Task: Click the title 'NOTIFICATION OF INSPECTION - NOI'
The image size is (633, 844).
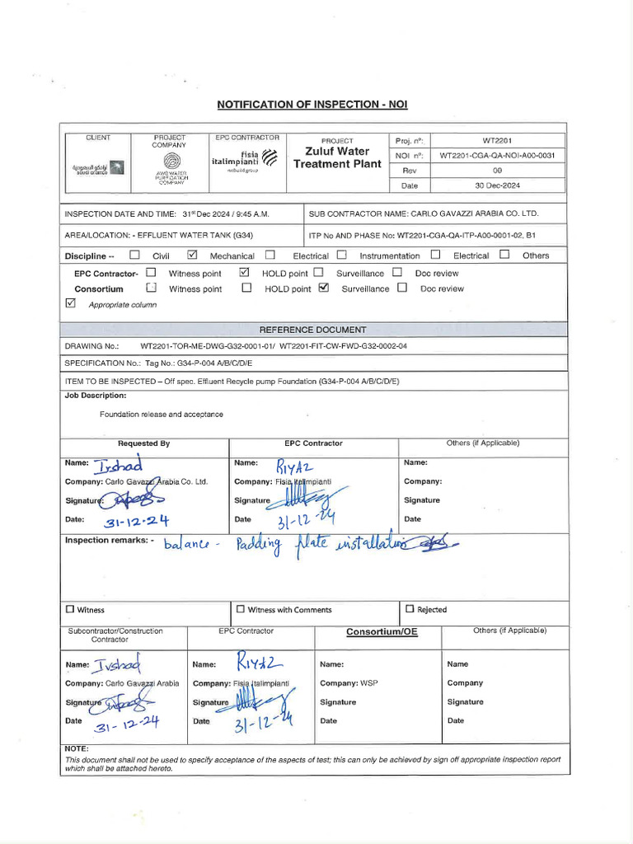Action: pos(312,105)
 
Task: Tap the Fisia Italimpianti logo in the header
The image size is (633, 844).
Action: pos(243,159)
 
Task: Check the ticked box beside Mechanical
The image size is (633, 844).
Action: pos(193,255)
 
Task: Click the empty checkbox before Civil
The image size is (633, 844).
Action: pos(134,255)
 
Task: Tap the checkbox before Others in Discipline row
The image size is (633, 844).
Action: pos(504,255)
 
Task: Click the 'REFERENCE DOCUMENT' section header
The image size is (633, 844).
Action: pos(313,330)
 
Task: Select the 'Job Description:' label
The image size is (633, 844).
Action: pos(96,396)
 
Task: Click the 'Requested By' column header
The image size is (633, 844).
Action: pos(143,443)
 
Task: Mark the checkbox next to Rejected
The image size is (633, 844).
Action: pos(410,610)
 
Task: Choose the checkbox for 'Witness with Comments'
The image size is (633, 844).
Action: pos(241,610)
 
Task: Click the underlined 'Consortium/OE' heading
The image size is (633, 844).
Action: pos(382,632)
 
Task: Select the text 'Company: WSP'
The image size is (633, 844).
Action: pos(349,683)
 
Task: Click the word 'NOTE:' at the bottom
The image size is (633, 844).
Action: pos(77,748)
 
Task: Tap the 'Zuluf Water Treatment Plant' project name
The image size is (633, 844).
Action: pos(337,157)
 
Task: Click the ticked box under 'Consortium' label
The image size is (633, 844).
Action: pos(323,288)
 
